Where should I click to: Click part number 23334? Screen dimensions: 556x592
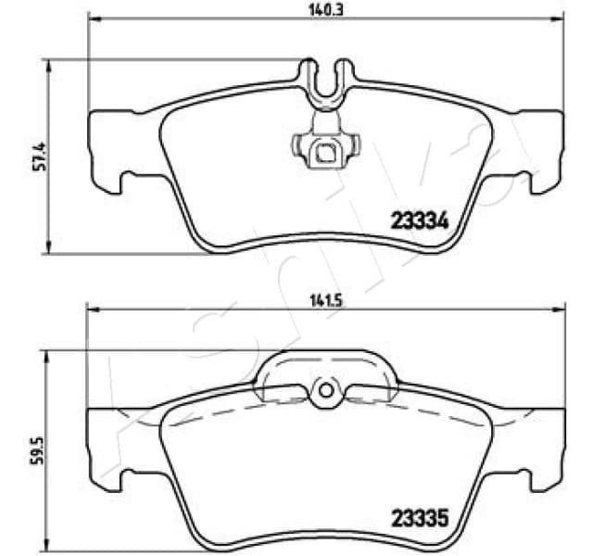pyautogui.click(x=416, y=221)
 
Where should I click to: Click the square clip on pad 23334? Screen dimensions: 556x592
pyautogui.click(x=324, y=153)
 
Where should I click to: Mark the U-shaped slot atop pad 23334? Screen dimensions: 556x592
pyautogui.click(x=324, y=78)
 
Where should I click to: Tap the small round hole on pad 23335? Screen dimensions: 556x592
pyautogui.click(x=324, y=391)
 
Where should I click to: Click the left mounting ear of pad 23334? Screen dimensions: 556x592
pyautogui.click(x=107, y=148)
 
